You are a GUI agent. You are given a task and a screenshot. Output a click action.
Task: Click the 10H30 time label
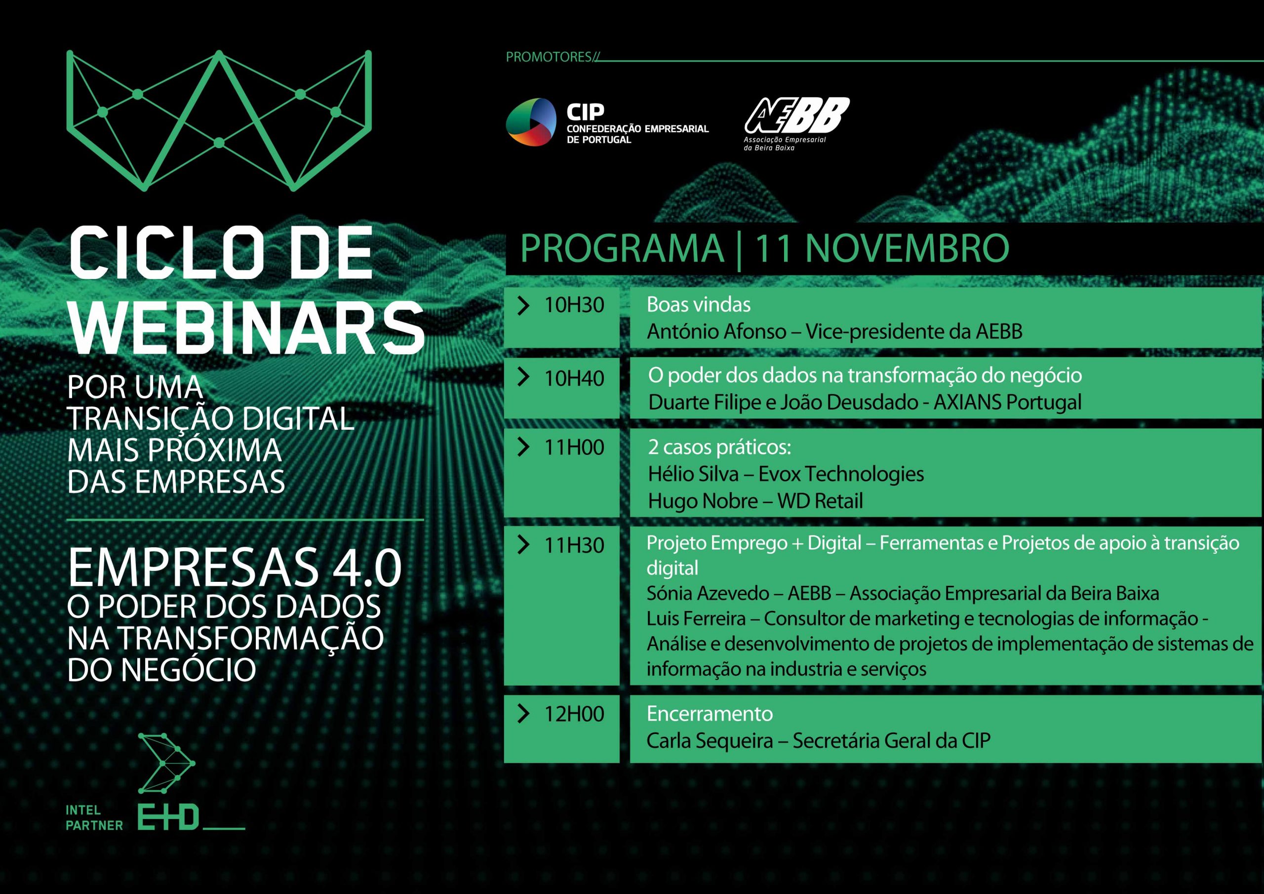point(574,305)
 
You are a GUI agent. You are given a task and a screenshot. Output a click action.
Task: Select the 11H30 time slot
point(574,545)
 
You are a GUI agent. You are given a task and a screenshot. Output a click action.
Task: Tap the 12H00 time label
point(574,714)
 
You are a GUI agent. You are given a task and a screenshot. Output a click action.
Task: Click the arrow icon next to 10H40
point(523,377)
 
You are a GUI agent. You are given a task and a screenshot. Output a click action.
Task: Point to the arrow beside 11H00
point(523,447)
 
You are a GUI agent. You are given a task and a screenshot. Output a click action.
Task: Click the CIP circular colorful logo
point(531,122)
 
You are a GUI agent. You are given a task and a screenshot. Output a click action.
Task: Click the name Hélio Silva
point(693,474)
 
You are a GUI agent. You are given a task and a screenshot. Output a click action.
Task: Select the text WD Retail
point(820,501)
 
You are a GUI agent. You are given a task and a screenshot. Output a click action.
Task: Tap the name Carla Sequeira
point(710,740)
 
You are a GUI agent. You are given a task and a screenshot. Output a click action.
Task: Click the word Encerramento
point(710,714)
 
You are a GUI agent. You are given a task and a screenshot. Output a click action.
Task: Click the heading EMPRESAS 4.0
point(235,569)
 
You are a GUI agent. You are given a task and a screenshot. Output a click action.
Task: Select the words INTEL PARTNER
point(94,818)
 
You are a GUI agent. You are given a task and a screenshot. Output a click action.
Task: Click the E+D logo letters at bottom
point(168,819)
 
